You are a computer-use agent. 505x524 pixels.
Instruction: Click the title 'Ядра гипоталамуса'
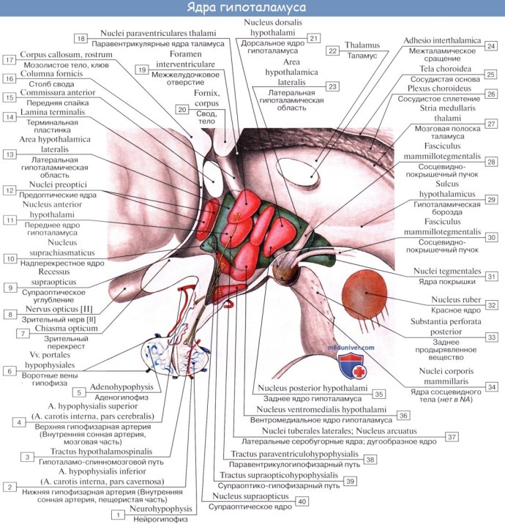click(252, 8)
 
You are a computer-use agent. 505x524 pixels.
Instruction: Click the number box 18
click(81, 38)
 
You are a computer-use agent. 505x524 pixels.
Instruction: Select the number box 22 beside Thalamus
click(334, 50)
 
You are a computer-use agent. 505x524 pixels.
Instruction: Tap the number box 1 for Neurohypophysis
click(116, 515)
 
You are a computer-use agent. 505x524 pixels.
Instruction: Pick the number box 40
click(301, 501)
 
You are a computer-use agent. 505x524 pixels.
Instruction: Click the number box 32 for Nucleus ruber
click(492, 304)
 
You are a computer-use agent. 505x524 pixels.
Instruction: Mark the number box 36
click(403, 415)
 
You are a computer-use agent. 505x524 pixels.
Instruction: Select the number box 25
click(491, 74)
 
